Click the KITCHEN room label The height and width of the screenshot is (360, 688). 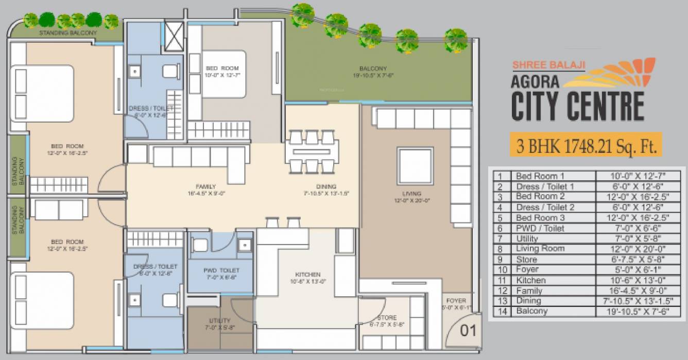coord(308,275)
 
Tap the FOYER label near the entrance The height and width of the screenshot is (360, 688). coord(456,301)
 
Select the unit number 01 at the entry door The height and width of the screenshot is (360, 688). coord(468,331)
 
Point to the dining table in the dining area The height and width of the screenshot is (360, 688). coord(312,151)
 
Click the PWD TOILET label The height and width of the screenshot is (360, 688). coord(221,270)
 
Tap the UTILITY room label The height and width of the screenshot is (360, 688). coord(220,320)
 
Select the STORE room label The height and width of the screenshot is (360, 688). coord(387,318)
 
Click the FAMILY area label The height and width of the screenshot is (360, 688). coord(205,186)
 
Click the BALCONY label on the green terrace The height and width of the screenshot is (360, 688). coord(373,68)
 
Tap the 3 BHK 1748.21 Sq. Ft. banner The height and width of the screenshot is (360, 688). coord(586,145)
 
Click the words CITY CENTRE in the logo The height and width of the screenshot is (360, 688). coord(577,106)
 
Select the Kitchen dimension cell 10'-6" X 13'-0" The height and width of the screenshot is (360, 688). coord(638,280)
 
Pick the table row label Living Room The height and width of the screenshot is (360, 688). coord(540,249)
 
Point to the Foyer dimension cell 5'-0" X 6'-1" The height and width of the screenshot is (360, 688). coord(638,270)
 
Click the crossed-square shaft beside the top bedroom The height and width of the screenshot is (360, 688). coord(174,37)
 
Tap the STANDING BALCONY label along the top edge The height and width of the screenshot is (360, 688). coord(68,33)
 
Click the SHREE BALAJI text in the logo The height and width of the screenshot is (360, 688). coord(548,65)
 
